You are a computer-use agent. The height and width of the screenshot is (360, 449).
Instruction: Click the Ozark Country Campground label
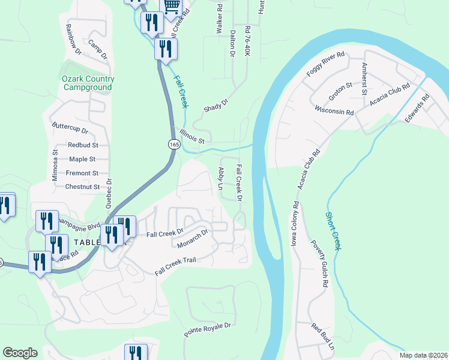pyautogui.click(x=88, y=83)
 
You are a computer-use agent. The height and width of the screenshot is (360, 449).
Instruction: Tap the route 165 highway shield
pyautogui.click(x=173, y=145)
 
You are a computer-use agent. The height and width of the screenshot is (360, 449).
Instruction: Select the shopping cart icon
pyautogui.click(x=172, y=6)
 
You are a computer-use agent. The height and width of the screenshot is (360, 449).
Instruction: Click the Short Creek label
pyautogui.click(x=333, y=231)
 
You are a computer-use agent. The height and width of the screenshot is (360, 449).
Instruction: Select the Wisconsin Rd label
pyautogui.click(x=334, y=110)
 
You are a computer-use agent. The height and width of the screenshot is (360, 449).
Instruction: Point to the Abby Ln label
pyautogui.click(x=220, y=179)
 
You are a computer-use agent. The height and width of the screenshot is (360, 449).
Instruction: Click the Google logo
pyautogui.click(x=20, y=353)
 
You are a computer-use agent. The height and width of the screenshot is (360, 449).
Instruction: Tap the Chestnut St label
pyautogui.click(x=83, y=187)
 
